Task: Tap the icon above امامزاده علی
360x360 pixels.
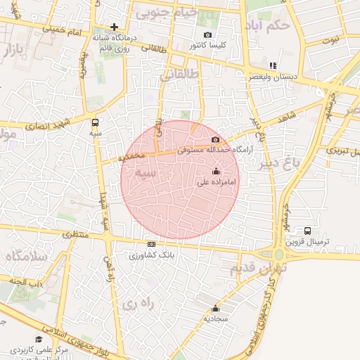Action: [x=216, y=172]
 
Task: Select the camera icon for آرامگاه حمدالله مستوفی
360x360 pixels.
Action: [x=215, y=140]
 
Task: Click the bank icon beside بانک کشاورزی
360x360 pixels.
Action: [x=151, y=244]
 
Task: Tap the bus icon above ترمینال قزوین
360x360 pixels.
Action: [x=308, y=231]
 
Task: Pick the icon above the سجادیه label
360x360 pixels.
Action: [x=216, y=309]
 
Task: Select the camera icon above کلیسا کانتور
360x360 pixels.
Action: [x=207, y=35]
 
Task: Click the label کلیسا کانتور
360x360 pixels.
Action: [x=207, y=46]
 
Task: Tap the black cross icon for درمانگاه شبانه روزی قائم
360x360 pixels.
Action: [x=114, y=27]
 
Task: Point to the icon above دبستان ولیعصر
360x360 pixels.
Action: [x=272, y=65]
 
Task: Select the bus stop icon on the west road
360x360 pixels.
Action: [x=96, y=121]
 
